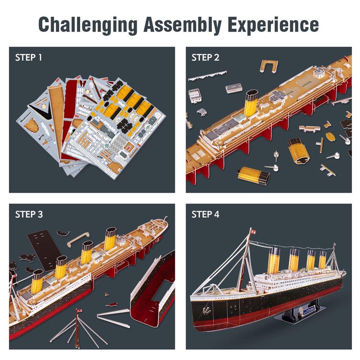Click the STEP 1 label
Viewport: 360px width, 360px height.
click(x=28, y=58)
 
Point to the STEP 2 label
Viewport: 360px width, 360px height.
click(x=205, y=58)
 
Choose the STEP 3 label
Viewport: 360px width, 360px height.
click(x=28, y=214)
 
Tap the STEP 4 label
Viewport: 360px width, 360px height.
click(x=205, y=214)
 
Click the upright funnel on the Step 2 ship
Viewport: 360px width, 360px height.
click(x=251, y=103)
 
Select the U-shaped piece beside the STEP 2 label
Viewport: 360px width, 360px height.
click(x=269, y=66)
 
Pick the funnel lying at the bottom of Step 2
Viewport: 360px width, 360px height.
click(x=253, y=175)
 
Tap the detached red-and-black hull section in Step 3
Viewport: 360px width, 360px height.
click(x=153, y=288)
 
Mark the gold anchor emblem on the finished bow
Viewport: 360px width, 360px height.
click(x=207, y=310)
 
